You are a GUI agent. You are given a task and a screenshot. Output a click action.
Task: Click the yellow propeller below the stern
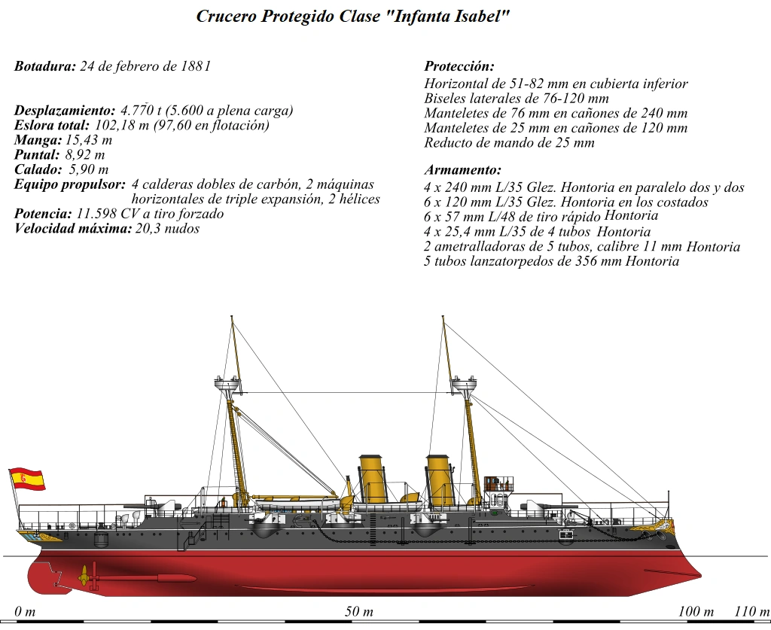[84, 577]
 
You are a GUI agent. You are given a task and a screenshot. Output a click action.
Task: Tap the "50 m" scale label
[359, 611]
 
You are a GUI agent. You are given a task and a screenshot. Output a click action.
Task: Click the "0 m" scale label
[25, 611]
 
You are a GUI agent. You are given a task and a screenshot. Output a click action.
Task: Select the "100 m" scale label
[696, 611]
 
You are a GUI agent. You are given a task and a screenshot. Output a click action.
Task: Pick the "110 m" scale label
[751, 611]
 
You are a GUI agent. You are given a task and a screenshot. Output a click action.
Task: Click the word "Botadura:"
[45, 66]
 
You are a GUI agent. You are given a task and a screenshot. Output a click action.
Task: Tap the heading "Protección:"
[459, 66]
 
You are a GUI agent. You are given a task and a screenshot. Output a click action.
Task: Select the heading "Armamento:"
[462, 170]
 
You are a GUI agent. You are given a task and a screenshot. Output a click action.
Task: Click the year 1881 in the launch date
[195, 66]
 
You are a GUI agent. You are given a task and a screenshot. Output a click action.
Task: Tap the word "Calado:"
[38, 169]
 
